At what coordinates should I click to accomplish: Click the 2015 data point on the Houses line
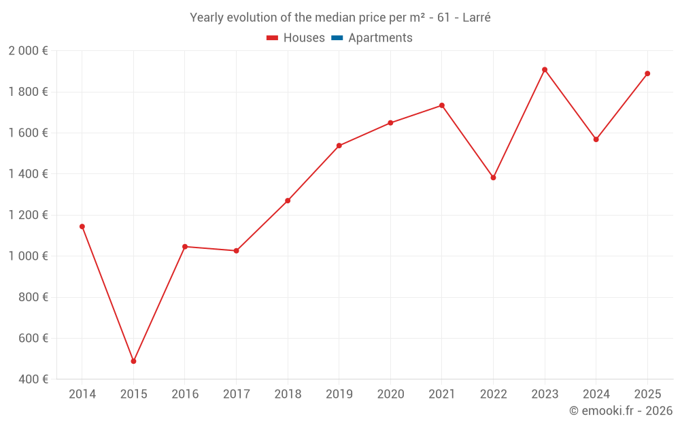click(x=133, y=361)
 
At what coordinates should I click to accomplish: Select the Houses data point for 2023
click(x=545, y=69)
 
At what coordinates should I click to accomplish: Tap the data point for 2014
click(x=82, y=226)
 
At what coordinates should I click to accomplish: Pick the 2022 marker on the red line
click(x=493, y=177)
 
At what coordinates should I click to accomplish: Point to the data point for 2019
click(x=339, y=146)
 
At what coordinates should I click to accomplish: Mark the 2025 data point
click(x=647, y=73)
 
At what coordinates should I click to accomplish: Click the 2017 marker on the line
click(x=236, y=251)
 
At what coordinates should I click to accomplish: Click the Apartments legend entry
click(x=379, y=38)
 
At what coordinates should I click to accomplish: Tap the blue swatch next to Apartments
click(x=337, y=38)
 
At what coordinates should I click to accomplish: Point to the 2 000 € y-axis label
click(x=28, y=51)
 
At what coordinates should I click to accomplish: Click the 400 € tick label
click(x=35, y=379)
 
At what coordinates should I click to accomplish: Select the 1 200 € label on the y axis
click(x=28, y=215)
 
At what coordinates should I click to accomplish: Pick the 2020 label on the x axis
click(x=390, y=394)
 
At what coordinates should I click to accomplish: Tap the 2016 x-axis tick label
click(x=185, y=394)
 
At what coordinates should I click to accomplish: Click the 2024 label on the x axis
click(x=596, y=394)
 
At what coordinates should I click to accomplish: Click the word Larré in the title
click(x=476, y=18)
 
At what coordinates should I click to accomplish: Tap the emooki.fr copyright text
click(x=621, y=411)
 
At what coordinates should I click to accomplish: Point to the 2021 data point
click(x=441, y=105)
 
